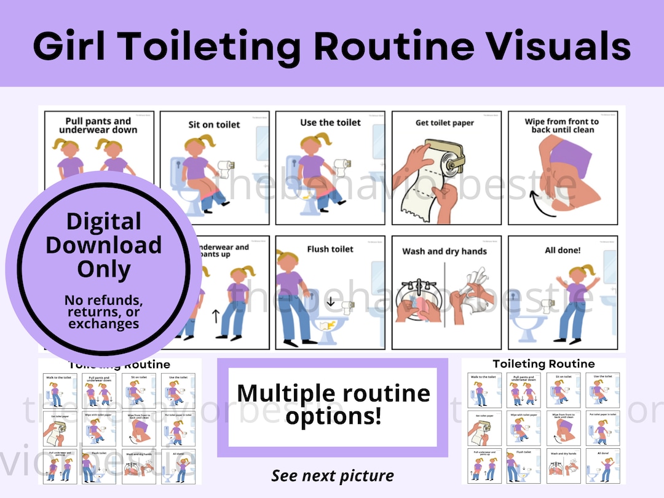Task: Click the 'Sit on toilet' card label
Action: pyautogui.click(x=214, y=125)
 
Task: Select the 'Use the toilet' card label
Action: pyautogui.click(x=330, y=123)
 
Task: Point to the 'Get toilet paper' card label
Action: pyautogui.click(x=445, y=123)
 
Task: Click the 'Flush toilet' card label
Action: pyautogui.click(x=330, y=249)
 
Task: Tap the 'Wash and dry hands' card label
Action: pyautogui.click(x=445, y=251)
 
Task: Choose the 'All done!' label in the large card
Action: pyautogui.click(x=563, y=250)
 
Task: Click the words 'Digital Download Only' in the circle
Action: pyautogui.click(x=103, y=245)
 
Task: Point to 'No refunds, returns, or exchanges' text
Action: pyautogui.click(x=103, y=312)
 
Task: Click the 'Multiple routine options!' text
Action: pyautogui.click(x=333, y=403)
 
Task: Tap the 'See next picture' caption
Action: pyautogui.click(x=333, y=475)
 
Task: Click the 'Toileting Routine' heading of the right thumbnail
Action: pyautogui.click(x=543, y=364)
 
